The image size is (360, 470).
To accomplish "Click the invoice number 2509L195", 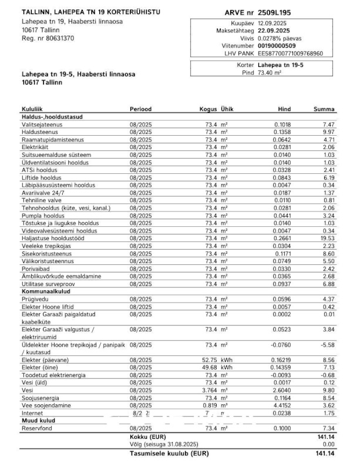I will tap(278, 12).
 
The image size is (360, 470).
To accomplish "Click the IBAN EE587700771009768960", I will tap(290, 53).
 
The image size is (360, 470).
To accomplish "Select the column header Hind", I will tap(284, 109).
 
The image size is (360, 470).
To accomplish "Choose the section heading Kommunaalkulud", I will tap(46, 291).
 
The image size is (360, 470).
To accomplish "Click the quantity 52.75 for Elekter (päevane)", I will tap(209, 360).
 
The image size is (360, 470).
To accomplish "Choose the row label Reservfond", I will tap(36, 429).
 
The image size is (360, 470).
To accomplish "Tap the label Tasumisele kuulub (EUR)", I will tap(169, 454).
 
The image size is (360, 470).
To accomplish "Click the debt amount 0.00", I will tap(328, 445).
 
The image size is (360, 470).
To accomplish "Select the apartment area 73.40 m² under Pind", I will tap(270, 73).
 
